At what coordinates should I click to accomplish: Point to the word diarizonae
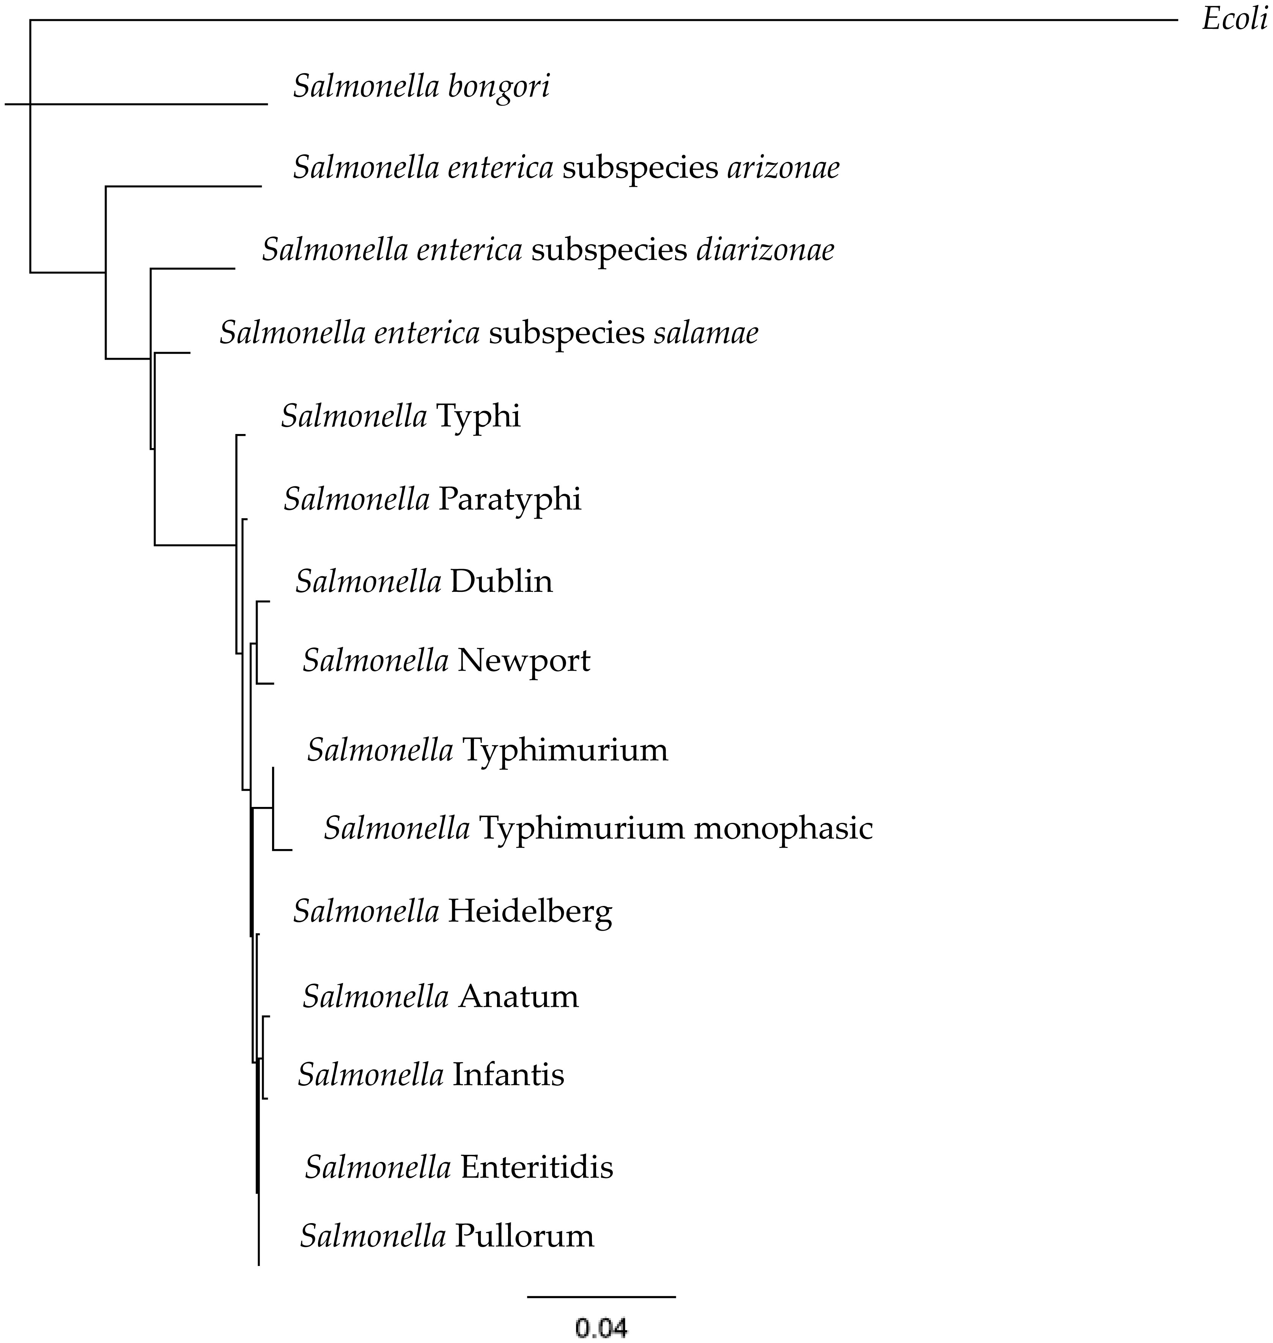click(765, 250)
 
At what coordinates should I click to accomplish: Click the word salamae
click(706, 333)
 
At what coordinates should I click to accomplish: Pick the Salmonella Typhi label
click(400, 416)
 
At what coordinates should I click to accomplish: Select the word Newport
click(523, 660)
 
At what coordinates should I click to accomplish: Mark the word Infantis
click(508, 1075)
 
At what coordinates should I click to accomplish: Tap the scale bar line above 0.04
click(601, 1297)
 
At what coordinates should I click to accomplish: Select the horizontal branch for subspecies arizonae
click(183, 185)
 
